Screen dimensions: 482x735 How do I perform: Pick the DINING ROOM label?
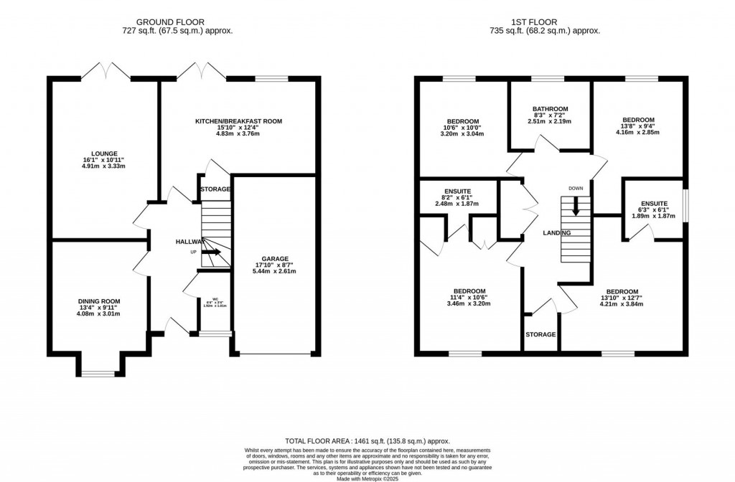[x=99, y=301]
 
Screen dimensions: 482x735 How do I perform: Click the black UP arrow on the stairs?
[x=212, y=252]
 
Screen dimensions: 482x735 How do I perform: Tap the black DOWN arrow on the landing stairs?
[x=576, y=208]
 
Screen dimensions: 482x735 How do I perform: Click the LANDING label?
[x=556, y=233]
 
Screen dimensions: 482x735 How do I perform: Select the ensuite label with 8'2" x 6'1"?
[x=460, y=197]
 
